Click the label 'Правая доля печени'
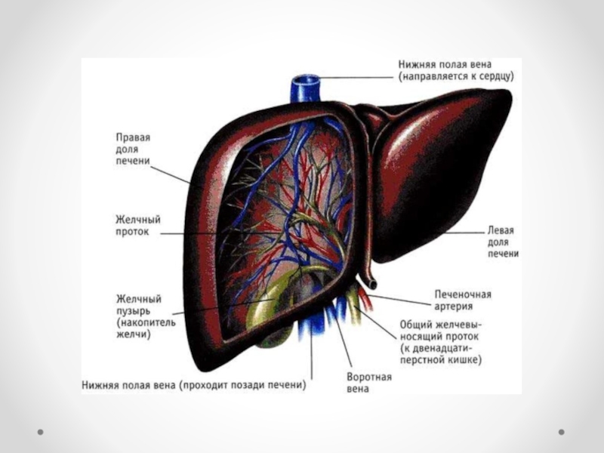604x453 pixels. (133, 149)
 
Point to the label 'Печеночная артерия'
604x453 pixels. (463, 300)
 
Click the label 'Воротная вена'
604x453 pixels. (368, 382)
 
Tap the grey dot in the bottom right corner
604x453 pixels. (561, 433)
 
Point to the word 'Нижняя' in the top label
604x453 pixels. (417, 64)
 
